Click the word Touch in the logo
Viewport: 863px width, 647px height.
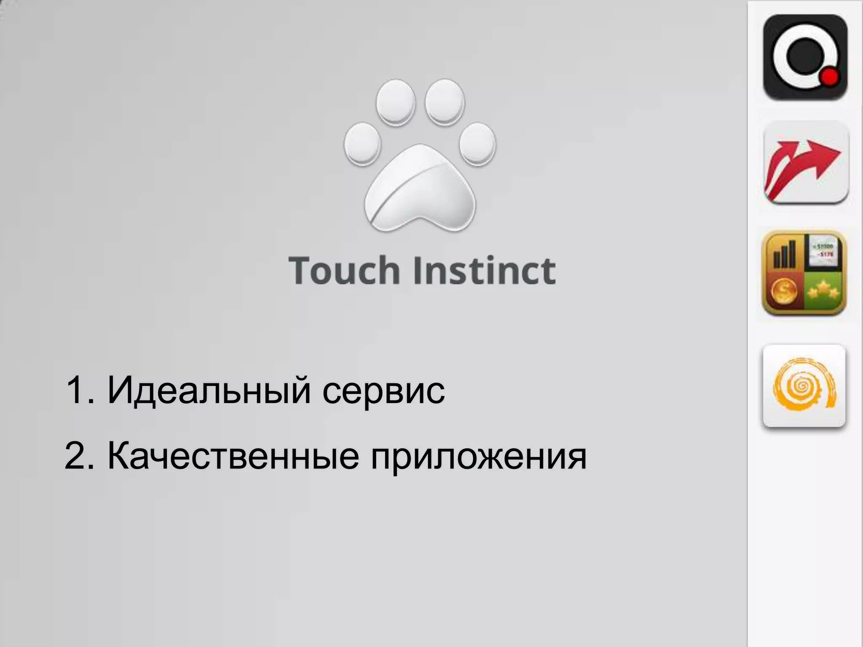[344, 270]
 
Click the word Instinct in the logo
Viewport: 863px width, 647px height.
[484, 270]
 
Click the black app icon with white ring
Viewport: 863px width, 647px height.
[805, 57]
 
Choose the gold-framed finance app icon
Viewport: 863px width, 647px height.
[804, 273]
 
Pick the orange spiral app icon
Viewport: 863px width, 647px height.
[804, 385]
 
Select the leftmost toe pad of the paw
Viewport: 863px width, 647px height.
[362, 143]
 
